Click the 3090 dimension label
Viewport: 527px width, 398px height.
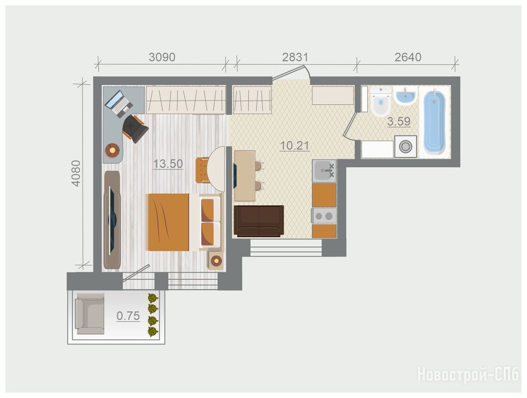pyautogui.click(x=162, y=57)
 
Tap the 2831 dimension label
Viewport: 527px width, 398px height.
pyautogui.click(x=295, y=57)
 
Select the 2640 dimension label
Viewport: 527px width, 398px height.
pyautogui.click(x=408, y=57)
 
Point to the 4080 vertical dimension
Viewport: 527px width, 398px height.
pyautogui.click(x=76, y=173)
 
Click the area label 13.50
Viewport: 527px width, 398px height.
pyautogui.click(x=168, y=164)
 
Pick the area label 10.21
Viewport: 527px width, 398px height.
pyautogui.click(x=295, y=146)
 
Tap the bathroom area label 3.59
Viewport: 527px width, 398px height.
pyautogui.click(x=399, y=121)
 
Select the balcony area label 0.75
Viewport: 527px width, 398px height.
pyautogui.click(x=128, y=316)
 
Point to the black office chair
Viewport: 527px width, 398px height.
pyautogui.click(x=135, y=129)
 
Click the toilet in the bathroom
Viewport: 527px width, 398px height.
pyautogui.click(x=381, y=102)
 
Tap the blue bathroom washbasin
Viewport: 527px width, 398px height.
pyautogui.click(x=405, y=96)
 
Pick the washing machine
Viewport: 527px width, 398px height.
pyautogui.click(x=406, y=147)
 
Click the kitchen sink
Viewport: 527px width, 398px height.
pyautogui.click(x=324, y=171)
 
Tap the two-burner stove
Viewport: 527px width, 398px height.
pyautogui.click(x=324, y=216)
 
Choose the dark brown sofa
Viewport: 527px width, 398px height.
pyautogui.click(x=259, y=221)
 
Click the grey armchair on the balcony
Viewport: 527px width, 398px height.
pyautogui.click(x=90, y=314)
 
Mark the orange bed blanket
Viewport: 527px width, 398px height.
pyautogui.click(x=169, y=222)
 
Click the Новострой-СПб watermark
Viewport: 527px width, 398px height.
pyautogui.click(x=468, y=375)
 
